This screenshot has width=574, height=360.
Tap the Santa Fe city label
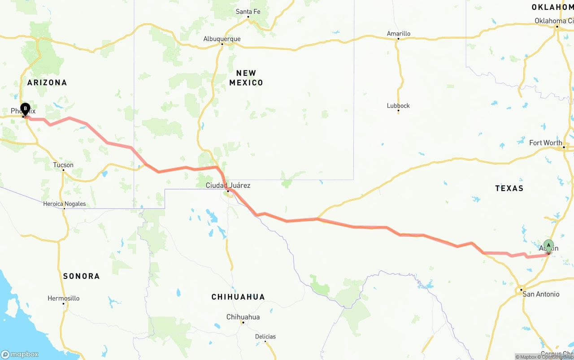coord(248,12)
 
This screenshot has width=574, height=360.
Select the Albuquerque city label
coord(222,39)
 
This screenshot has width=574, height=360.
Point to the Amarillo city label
coord(398,34)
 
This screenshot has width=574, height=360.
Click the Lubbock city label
coord(398,106)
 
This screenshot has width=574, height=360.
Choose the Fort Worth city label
coord(545,143)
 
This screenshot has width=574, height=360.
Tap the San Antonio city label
coord(541,294)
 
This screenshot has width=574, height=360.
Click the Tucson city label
coord(63,165)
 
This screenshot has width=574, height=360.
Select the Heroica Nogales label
coord(64,204)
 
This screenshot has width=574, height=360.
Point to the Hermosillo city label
coord(64,298)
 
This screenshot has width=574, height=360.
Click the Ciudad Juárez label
coord(228,185)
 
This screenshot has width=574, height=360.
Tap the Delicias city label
coord(265,337)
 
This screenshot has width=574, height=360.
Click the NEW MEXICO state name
coord(246,78)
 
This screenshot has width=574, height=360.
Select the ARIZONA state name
coord(47,82)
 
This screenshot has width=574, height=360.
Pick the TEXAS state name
coord(509,188)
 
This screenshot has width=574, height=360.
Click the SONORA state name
coord(81,276)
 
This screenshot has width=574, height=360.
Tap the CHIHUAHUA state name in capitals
coord(238,297)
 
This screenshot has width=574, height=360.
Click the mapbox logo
coord(20,354)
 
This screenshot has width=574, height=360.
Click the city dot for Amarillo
coord(398,39)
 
